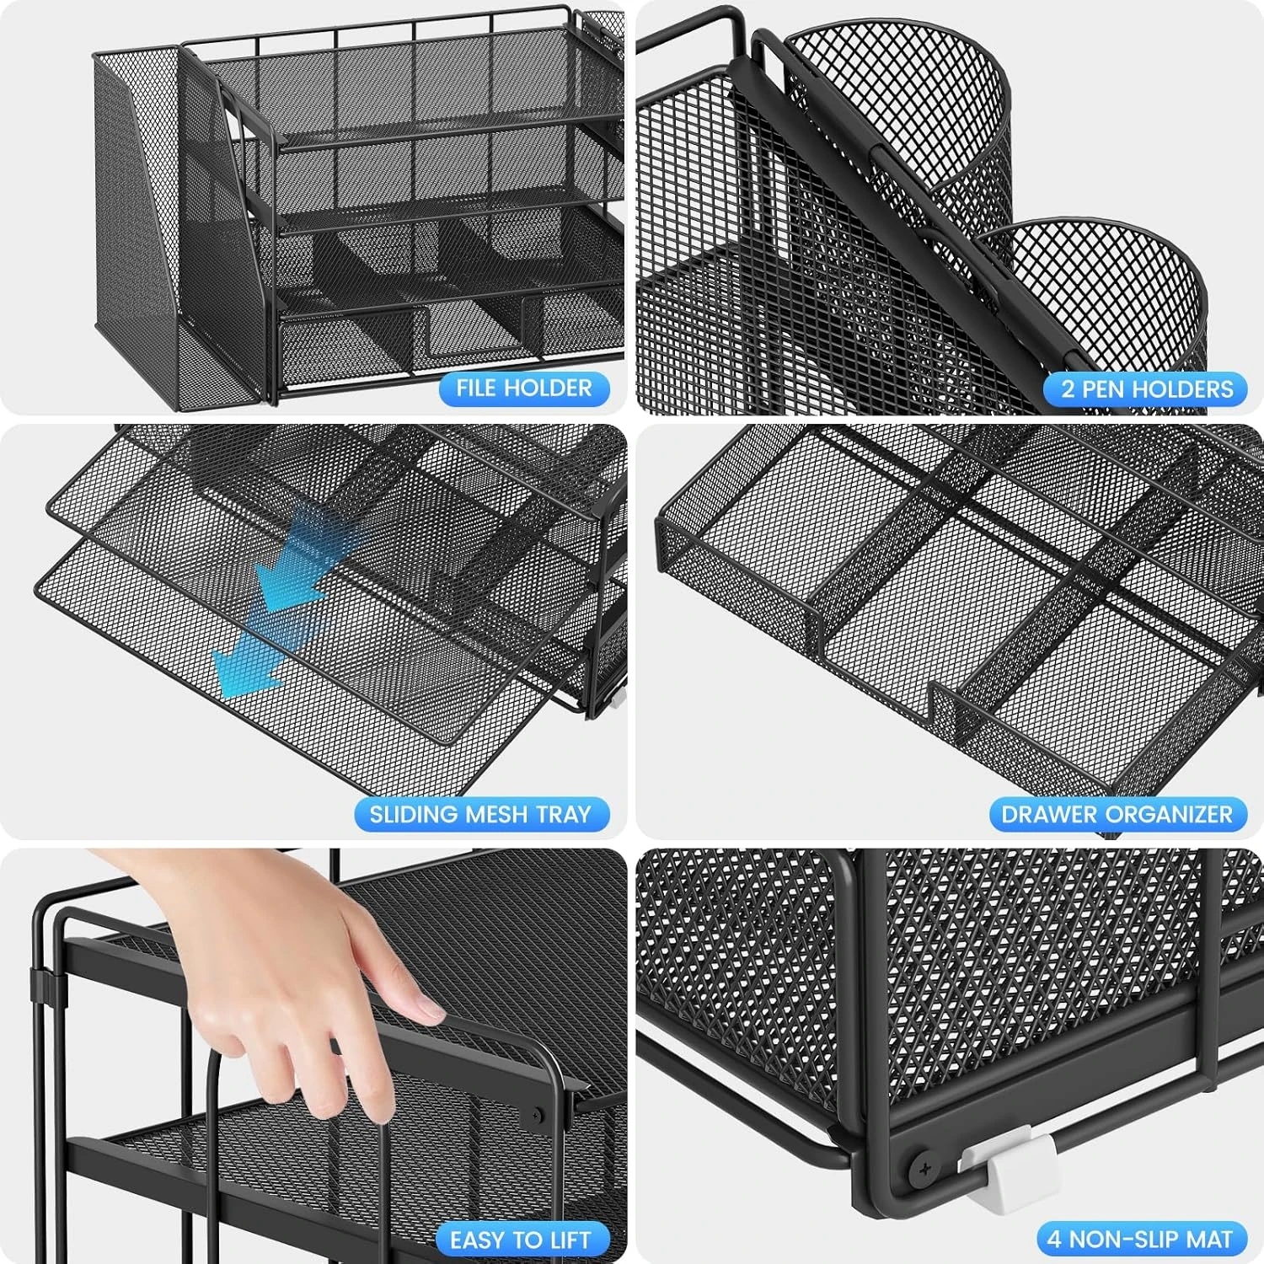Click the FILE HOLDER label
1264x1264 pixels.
tap(523, 388)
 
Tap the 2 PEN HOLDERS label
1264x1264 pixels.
tap(1146, 389)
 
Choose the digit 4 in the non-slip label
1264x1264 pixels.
tap(1054, 1240)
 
